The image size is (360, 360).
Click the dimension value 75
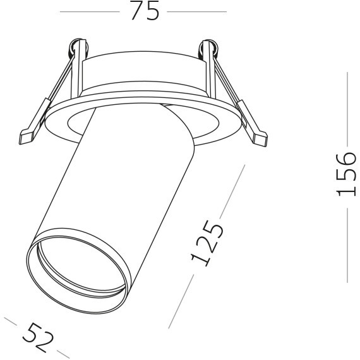point(145,11)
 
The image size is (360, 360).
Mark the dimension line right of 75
point(197,11)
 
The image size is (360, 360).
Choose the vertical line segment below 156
point(347,246)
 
